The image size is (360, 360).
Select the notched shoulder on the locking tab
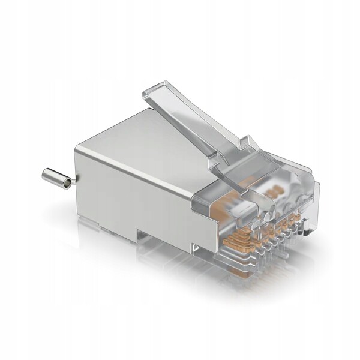(245, 142)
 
